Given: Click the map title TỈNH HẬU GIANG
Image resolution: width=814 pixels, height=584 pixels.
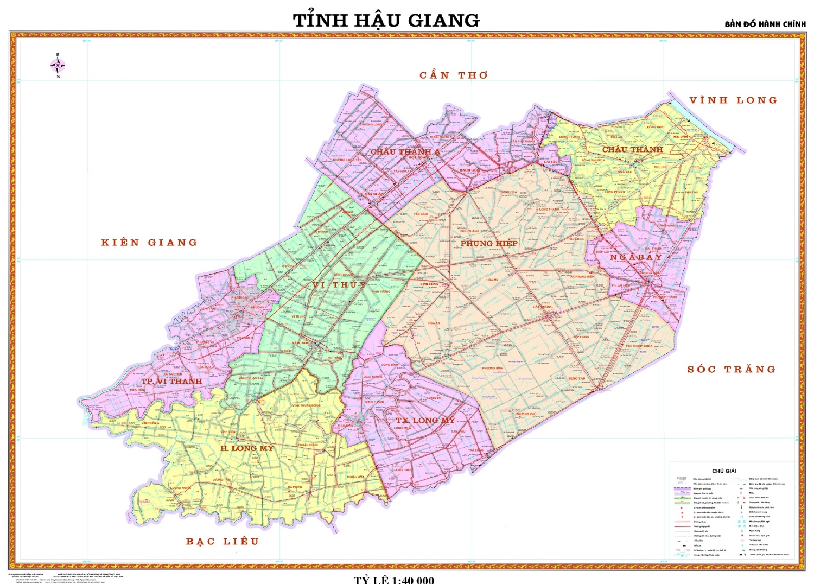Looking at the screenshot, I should point(386,21).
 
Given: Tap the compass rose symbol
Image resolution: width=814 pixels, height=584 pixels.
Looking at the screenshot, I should point(58,66).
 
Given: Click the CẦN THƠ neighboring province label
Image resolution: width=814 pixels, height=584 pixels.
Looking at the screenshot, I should point(454,75).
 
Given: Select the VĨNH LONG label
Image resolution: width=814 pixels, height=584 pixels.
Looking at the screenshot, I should point(733,100).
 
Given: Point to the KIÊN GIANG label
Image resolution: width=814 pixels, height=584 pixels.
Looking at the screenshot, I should point(149,243).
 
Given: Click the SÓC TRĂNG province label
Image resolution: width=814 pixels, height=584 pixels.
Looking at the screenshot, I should point(731,370).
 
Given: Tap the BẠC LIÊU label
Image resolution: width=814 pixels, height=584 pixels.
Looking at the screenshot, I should point(222,541).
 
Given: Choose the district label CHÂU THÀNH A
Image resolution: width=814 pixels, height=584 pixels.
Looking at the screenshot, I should point(405,152).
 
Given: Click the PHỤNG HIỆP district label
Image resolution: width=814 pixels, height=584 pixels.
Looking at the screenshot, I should point(489,244).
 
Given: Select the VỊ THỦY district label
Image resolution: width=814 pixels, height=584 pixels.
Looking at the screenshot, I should point(340,285).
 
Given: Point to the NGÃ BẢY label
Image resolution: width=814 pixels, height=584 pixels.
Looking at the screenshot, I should point(636,257).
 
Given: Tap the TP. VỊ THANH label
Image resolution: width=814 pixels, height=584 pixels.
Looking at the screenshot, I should point(171,382).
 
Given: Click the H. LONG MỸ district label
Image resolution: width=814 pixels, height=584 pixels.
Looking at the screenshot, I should point(247,448).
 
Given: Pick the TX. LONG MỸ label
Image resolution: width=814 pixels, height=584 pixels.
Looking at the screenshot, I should point(425,421).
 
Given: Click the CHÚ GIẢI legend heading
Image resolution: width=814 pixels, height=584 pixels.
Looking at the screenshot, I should point(724,471).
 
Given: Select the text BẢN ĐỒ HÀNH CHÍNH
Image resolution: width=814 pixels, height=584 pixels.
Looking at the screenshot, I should point(765,24).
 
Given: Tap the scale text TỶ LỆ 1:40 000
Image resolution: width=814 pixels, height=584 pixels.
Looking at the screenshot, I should point(394,580).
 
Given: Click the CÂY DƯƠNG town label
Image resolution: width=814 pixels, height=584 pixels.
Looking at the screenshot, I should point(543,307).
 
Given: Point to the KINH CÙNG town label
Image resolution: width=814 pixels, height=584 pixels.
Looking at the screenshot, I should point(429,284).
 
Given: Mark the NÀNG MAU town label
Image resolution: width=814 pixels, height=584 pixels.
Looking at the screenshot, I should point(300,343).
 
